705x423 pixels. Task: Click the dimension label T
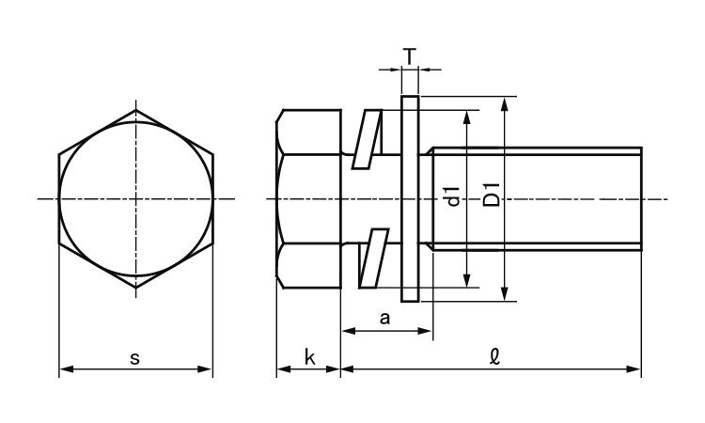(x=409, y=56)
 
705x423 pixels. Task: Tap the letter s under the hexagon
(x=134, y=358)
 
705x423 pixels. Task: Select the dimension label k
(x=309, y=357)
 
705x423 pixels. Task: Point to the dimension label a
(x=384, y=319)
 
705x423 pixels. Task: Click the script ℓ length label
(x=495, y=357)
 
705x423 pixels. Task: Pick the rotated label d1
(x=453, y=196)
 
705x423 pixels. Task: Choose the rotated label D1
(x=491, y=195)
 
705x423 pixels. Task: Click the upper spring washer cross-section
(x=367, y=139)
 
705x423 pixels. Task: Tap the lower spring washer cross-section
(x=373, y=258)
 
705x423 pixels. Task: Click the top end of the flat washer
(x=410, y=96)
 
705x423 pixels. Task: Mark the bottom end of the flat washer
(x=410, y=301)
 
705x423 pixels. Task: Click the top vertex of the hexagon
(x=136, y=110)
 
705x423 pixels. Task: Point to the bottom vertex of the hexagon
(x=136, y=288)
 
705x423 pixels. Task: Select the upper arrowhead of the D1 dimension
(x=505, y=103)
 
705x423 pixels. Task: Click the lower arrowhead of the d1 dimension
(x=467, y=280)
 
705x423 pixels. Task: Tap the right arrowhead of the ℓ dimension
(x=634, y=369)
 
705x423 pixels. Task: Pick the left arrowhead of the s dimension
(x=67, y=369)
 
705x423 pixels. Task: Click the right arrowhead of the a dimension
(x=425, y=331)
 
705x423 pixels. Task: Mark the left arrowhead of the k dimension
(x=283, y=369)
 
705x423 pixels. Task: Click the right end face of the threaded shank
(x=642, y=198)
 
